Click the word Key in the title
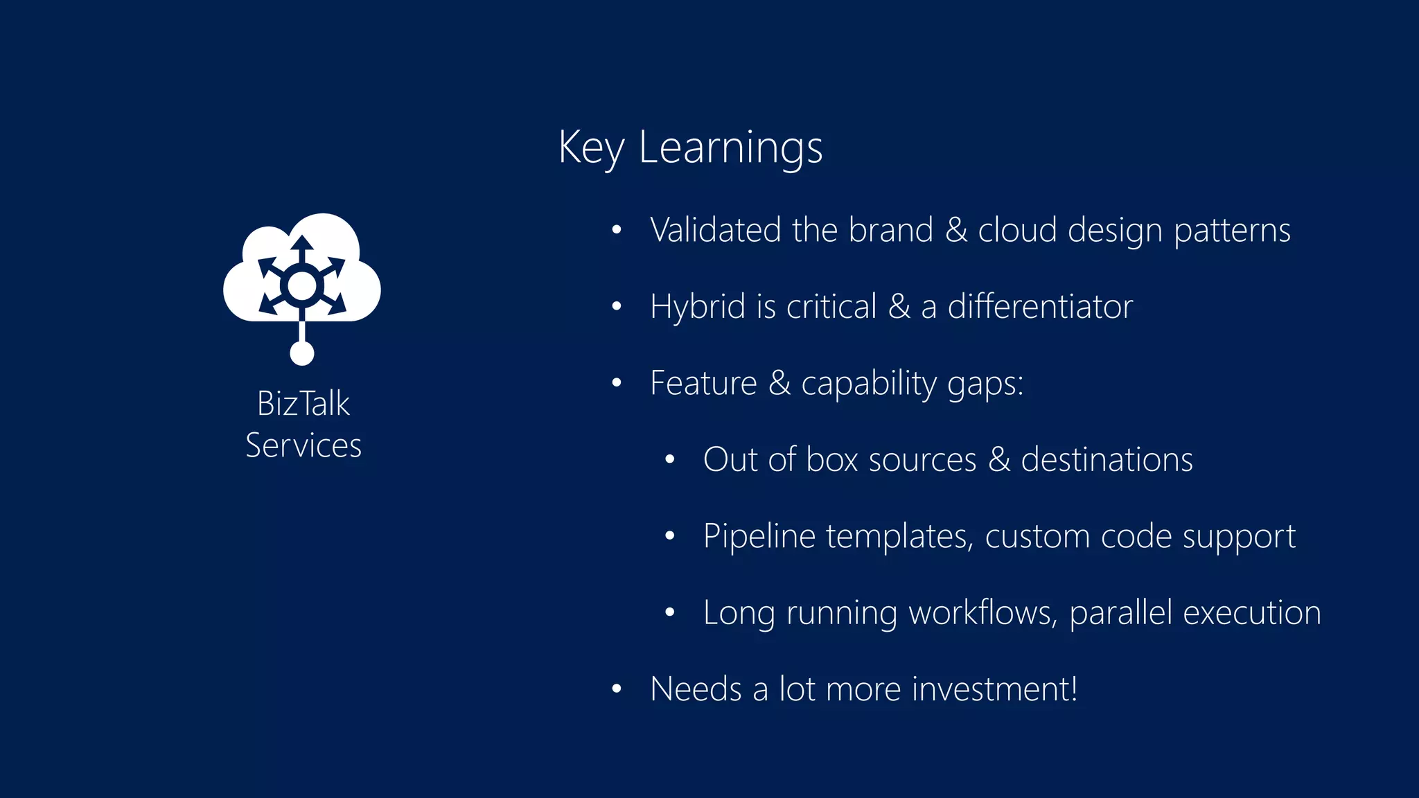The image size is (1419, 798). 590,148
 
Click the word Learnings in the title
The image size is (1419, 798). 730,148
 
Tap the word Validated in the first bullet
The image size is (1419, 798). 715,230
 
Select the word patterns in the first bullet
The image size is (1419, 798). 1231,231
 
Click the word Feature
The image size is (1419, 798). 703,383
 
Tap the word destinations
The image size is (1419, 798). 1107,460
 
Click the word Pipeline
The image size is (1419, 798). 759,537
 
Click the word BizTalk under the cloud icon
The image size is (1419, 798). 303,404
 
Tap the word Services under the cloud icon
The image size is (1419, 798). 303,445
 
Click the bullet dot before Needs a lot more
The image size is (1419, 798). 616,689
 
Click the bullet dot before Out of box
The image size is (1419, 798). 669,460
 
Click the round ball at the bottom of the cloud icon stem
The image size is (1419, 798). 301,353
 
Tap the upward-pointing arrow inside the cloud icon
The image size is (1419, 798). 301,247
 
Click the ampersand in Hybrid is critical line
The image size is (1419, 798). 899,307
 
